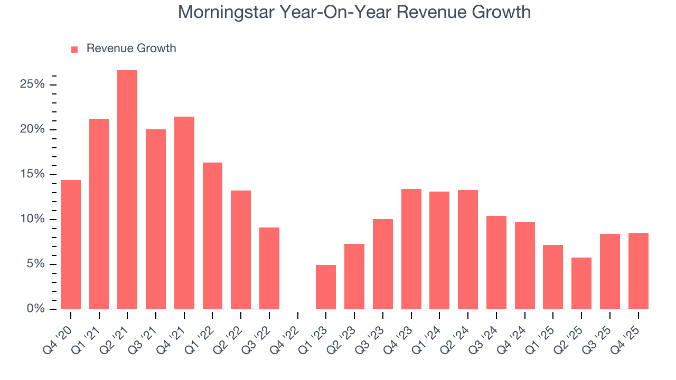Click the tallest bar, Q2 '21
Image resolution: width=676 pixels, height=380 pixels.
pos(127,190)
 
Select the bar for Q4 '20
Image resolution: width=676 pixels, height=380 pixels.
pos(71,245)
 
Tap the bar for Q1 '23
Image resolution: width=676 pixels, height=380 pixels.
pos(326,287)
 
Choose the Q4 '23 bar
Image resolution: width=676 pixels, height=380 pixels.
pos(411,249)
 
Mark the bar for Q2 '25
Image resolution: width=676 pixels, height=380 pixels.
pos(581,283)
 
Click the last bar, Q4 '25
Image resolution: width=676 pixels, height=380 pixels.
pos(638,271)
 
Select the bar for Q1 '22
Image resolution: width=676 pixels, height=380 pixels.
pos(212,236)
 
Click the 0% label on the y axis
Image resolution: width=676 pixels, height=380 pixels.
pos(36,309)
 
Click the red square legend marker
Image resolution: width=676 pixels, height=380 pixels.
pos(74,49)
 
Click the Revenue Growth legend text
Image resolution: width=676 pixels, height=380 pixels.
pos(131,49)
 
